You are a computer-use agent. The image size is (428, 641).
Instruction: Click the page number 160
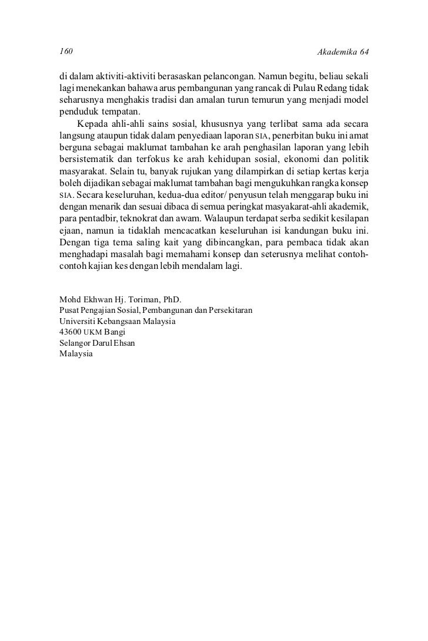coord(66,53)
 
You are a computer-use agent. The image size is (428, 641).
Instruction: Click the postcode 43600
coord(71,332)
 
